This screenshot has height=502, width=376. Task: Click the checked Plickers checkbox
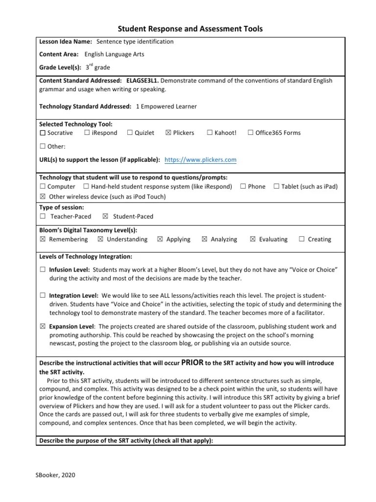(168, 133)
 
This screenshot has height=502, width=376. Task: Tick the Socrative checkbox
(43, 133)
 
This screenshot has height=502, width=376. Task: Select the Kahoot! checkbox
(210, 133)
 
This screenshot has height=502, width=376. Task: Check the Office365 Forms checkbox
(251, 133)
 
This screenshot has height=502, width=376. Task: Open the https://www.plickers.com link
(201, 160)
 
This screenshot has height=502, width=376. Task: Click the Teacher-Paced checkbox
(43, 216)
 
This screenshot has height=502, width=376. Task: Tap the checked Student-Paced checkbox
(105, 216)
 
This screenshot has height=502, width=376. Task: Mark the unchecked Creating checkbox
(302, 239)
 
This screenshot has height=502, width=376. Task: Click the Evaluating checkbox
(253, 239)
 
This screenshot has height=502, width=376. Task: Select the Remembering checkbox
(43, 239)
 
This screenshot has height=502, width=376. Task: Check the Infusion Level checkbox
(43, 270)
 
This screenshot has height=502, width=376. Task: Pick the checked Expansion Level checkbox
(43, 326)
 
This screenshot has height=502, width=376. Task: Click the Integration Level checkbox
(43, 296)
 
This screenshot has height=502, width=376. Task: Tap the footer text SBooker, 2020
(55, 475)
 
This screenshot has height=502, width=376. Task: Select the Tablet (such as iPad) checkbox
(277, 187)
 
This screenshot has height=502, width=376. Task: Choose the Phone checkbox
(243, 187)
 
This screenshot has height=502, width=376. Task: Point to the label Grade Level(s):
(60, 68)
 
